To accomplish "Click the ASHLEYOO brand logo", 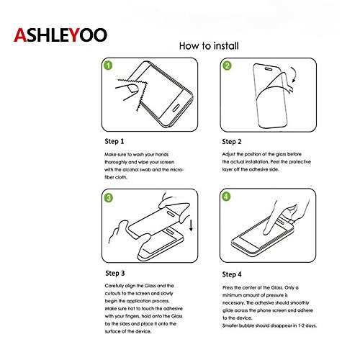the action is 60,35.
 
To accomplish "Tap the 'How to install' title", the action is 209,46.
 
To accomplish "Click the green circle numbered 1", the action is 108,66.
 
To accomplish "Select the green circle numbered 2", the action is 227,66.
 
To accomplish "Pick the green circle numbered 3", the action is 109,198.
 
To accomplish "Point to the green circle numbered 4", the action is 226,197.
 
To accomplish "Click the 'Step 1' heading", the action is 114,141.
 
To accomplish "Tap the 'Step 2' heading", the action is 232,142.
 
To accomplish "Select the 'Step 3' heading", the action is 115,273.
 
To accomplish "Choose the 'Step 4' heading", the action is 232,274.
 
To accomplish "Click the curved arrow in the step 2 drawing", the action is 295,74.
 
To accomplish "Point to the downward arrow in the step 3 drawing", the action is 191,225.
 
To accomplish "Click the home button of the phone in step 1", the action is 176,108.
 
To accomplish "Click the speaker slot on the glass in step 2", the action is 269,69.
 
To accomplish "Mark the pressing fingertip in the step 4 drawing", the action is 266,231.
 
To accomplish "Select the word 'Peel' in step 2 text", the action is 275,162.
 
